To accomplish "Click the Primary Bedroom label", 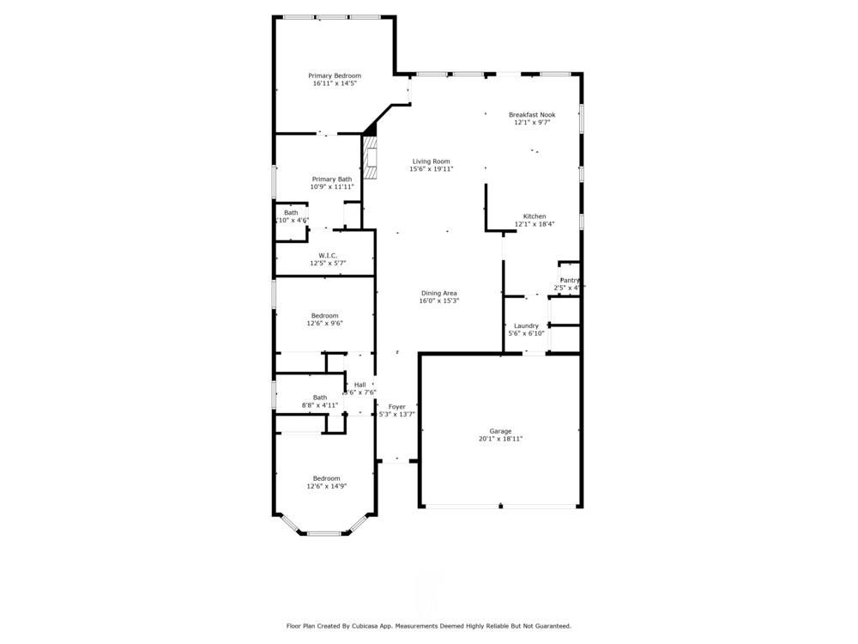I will click(335, 76).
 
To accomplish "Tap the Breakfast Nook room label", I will click(532, 114).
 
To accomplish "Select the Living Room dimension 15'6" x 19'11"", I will click(431, 169).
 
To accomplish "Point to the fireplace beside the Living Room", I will click(370, 158).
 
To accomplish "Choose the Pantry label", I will click(570, 280).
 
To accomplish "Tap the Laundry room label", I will click(526, 325).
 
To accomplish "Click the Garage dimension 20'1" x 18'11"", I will click(500, 439).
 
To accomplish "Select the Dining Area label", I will click(438, 293).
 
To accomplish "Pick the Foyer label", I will click(396, 406).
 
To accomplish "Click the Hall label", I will click(360, 384).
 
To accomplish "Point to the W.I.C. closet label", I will click(328, 255).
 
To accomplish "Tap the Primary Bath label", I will click(331, 179).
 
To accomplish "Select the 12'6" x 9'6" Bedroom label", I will click(324, 315).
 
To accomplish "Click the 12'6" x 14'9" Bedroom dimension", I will click(326, 486).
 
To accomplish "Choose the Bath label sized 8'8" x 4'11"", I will click(320, 397).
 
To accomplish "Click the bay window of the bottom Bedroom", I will click(325, 533).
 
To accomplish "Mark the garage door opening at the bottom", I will click(500, 507).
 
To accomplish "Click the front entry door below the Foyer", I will click(396, 461).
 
